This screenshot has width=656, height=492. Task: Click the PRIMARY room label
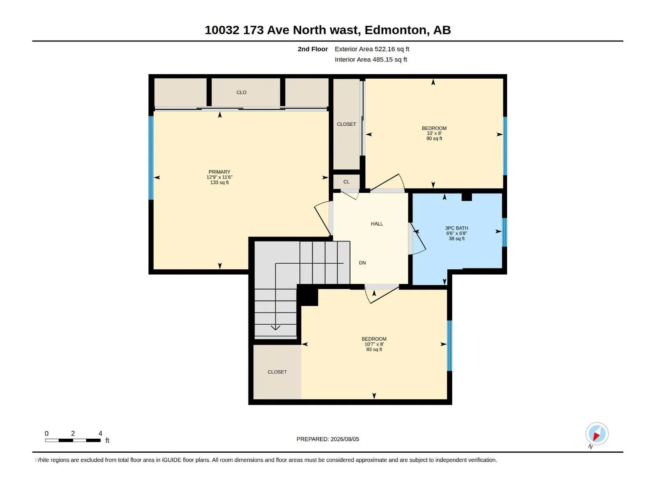pyautogui.click(x=219, y=172)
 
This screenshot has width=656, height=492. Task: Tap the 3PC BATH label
pyautogui.click(x=456, y=228)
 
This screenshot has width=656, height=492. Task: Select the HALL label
pyautogui.click(x=377, y=224)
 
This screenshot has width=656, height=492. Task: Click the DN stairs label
pyautogui.click(x=362, y=263)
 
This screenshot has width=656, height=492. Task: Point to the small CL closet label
pyautogui.click(x=346, y=182)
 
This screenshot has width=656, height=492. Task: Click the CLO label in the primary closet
pyautogui.click(x=241, y=93)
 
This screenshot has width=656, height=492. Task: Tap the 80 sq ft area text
pyautogui.click(x=434, y=139)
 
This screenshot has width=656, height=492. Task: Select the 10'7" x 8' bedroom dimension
pyautogui.click(x=374, y=344)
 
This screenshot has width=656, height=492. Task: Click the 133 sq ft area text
pyautogui.click(x=219, y=182)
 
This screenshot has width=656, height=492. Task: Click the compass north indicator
pyautogui.click(x=597, y=434)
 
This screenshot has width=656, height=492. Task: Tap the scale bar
pyautogui.click(x=73, y=440)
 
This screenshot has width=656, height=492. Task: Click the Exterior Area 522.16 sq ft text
pyautogui.click(x=372, y=49)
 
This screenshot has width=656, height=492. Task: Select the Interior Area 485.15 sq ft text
pyautogui.click(x=371, y=59)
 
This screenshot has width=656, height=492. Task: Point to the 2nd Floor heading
pyautogui.click(x=312, y=49)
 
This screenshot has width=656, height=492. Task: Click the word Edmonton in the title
pyautogui.click(x=395, y=30)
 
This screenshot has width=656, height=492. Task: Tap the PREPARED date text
pyautogui.click(x=328, y=439)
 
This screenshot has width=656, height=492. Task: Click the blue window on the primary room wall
pyautogui.click(x=151, y=158)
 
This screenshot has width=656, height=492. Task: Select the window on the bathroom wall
pyautogui.click(x=504, y=232)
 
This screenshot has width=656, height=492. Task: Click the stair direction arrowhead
pyautogui.click(x=275, y=328)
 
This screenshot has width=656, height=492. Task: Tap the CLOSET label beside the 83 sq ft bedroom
pyautogui.click(x=277, y=372)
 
